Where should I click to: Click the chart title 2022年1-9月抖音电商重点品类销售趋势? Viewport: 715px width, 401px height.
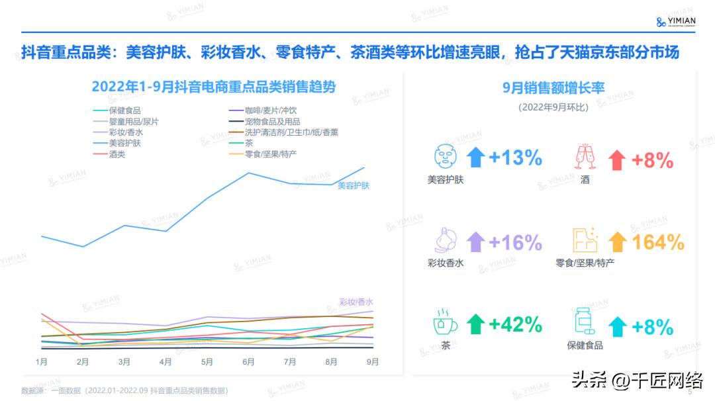click(x=213, y=87)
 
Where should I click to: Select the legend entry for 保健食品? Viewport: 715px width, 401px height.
click(x=124, y=111)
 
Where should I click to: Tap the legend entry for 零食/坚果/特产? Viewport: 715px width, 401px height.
click(x=270, y=154)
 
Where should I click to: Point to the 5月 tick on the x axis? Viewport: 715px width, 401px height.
click(x=207, y=362)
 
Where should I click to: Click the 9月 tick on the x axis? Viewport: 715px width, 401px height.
click(x=373, y=362)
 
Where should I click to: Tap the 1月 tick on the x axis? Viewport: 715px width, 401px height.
click(x=41, y=362)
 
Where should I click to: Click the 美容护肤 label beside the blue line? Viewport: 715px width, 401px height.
click(x=354, y=186)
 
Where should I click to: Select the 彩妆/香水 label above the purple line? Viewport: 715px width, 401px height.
click(x=356, y=302)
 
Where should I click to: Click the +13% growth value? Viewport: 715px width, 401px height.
click(x=515, y=158)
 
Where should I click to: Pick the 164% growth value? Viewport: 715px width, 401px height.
click(x=658, y=242)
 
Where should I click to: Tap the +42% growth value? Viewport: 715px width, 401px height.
click(x=515, y=325)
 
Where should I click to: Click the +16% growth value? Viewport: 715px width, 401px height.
click(x=515, y=242)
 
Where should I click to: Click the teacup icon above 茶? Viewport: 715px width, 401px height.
click(x=445, y=322)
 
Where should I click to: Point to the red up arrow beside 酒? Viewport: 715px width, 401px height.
click(x=617, y=159)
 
